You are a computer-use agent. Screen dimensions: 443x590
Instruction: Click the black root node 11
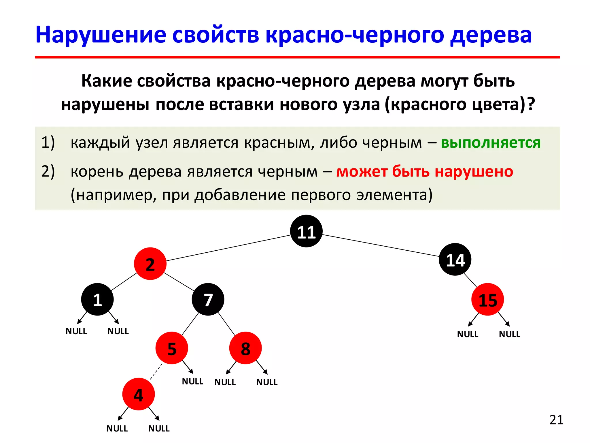[306, 231]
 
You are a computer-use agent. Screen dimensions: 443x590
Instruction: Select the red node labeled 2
[150, 264]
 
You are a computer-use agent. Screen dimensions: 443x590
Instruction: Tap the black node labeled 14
[455, 259]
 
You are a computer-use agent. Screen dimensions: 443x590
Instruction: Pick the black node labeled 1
[97, 299]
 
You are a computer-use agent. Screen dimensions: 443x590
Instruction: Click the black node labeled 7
[208, 299]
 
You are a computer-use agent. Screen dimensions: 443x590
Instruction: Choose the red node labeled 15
[487, 299]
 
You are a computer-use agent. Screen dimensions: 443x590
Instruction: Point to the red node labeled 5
[172, 348]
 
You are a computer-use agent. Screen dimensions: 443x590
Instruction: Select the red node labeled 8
[245, 348]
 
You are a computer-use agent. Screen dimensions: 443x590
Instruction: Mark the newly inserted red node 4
[138, 394]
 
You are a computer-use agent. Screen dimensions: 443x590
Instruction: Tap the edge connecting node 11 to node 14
[380, 245]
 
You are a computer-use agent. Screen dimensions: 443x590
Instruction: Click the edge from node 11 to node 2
[228, 248]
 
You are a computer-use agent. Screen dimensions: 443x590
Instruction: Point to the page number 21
[556, 420]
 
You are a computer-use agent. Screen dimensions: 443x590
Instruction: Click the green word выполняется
[491, 143]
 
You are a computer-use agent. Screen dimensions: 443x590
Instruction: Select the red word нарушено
[474, 172]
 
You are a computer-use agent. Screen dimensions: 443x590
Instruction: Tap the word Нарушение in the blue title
[101, 35]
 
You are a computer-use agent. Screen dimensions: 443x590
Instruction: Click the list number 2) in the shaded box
[48, 172]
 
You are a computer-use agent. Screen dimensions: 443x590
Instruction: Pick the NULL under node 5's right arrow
[192, 381]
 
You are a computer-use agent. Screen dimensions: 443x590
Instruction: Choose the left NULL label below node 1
[76, 331]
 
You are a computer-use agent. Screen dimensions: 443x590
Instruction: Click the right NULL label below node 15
[509, 334]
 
